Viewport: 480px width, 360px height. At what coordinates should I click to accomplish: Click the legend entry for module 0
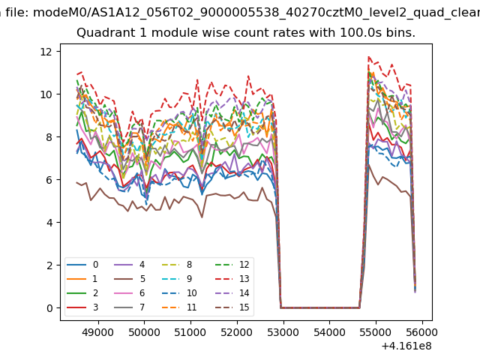point(82,265)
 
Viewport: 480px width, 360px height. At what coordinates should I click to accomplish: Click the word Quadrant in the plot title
point(102,34)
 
